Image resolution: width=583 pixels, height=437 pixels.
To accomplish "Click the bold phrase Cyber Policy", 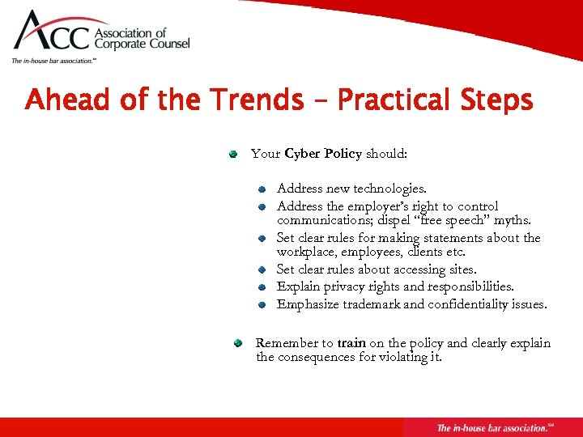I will click(x=323, y=154).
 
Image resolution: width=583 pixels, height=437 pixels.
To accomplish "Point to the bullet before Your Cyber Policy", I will click(x=232, y=153).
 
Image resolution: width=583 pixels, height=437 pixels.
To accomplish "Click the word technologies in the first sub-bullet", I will click(x=389, y=189).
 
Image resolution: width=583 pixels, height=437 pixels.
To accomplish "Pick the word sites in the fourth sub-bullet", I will click(x=461, y=269).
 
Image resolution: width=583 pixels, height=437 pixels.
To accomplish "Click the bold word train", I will click(x=351, y=343).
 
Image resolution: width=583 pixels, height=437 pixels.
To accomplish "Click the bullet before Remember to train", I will click(x=239, y=343).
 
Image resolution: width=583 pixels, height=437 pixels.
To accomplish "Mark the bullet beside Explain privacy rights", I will click(x=262, y=287).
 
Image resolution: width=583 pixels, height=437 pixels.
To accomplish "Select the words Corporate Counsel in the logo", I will click(x=143, y=45).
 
